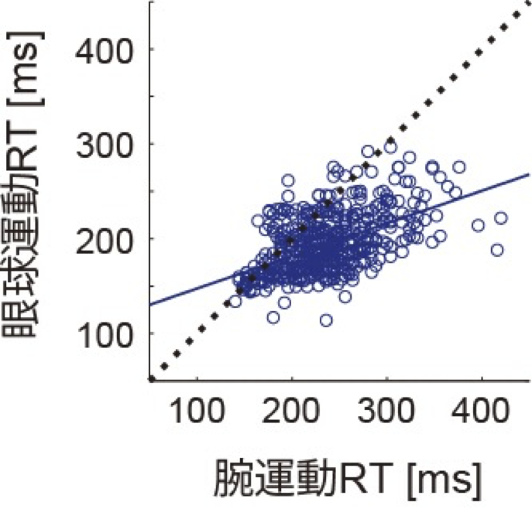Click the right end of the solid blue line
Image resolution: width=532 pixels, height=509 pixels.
[x=529, y=174]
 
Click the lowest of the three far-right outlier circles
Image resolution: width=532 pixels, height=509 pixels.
[x=497, y=250]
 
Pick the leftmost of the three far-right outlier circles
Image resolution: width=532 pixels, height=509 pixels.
[x=478, y=225]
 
